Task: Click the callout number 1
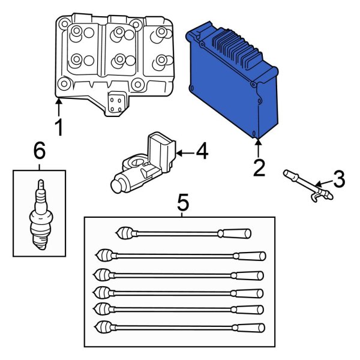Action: coord(58,128)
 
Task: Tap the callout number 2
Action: coord(259,167)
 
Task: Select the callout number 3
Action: coord(338,178)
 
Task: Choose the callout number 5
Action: coord(183,203)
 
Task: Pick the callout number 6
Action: coord(39,151)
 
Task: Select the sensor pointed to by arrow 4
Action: coord(140,166)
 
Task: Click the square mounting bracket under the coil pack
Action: coord(116,102)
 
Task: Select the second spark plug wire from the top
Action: coord(179,256)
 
